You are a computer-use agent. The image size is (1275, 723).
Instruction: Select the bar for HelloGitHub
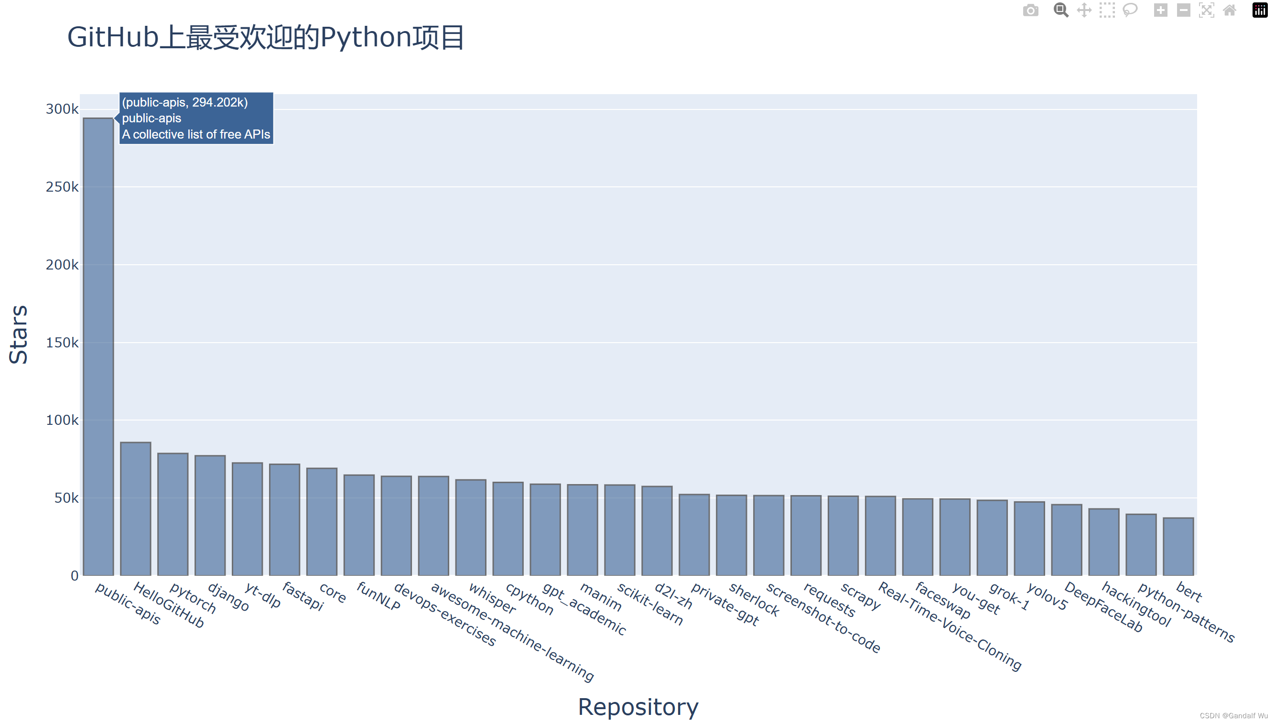pyautogui.click(x=136, y=508)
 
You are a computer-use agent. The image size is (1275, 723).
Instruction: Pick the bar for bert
pyautogui.click(x=1178, y=546)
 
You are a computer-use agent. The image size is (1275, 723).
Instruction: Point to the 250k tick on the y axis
pyautogui.click(x=62, y=187)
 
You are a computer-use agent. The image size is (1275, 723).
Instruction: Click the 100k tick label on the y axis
pyautogui.click(x=62, y=421)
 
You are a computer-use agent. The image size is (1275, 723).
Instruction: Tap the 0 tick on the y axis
pyautogui.click(x=75, y=576)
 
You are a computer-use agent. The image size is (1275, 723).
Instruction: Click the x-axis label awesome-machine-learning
pyautogui.click(x=512, y=632)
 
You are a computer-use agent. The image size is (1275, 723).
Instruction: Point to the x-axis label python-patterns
pyautogui.click(x=1186, y=612)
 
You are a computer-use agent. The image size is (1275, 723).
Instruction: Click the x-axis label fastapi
pyautogui.click(x=303, y=596)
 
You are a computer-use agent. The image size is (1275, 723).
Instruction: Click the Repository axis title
pyautogui.click(x=638, y=707)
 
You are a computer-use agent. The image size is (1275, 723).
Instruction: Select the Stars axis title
pyautogui.click(x=19, y=335)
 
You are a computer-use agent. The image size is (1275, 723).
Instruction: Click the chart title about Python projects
pyautogui.click(x=266, y=37)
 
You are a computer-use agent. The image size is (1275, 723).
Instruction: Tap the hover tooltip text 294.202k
pyautogui.click(x=219, y=102)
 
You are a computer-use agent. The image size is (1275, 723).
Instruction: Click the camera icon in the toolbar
pyautogui.click(x=1030, y=11)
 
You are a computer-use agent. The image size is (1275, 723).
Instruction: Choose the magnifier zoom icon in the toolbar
pyautogui.click(x=1060, y=11)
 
